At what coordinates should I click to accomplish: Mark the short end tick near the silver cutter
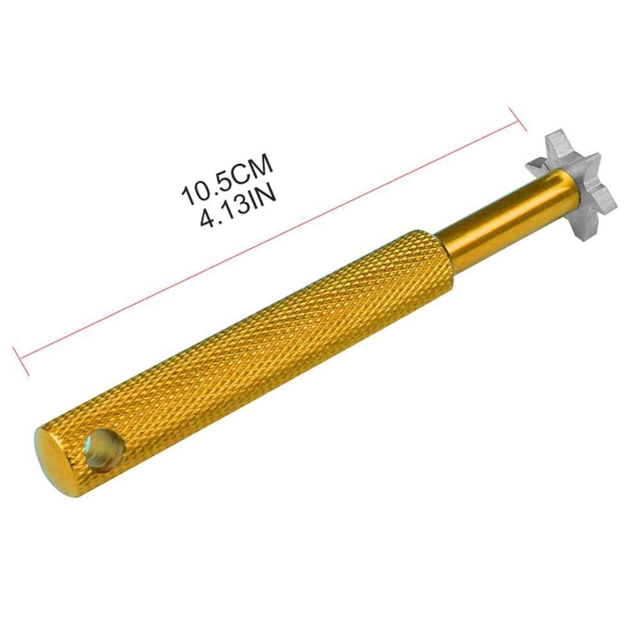click(x=517, y=119)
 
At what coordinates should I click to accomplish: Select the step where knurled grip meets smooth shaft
click(x=449, y=256)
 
